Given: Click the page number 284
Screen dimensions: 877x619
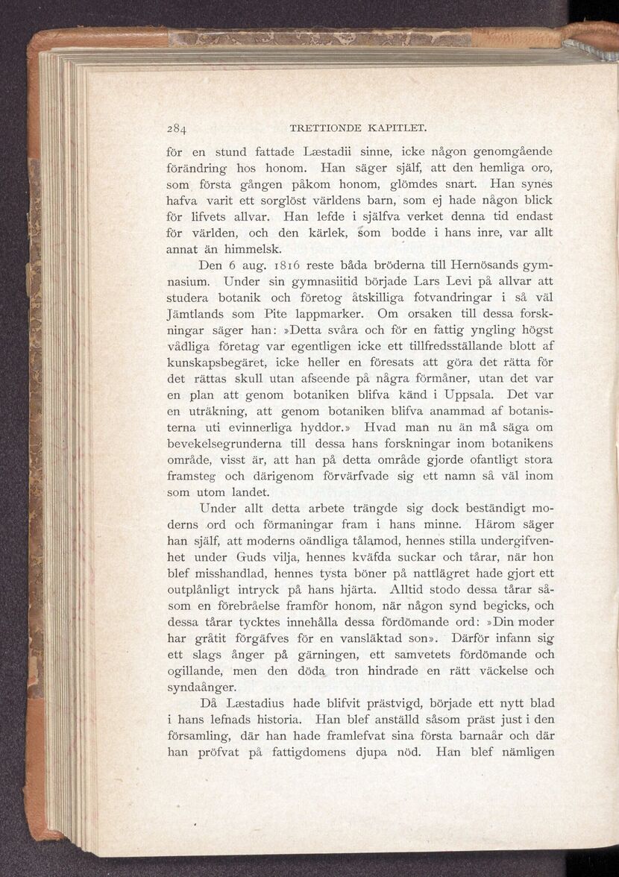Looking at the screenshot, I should (x=177, y=125).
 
